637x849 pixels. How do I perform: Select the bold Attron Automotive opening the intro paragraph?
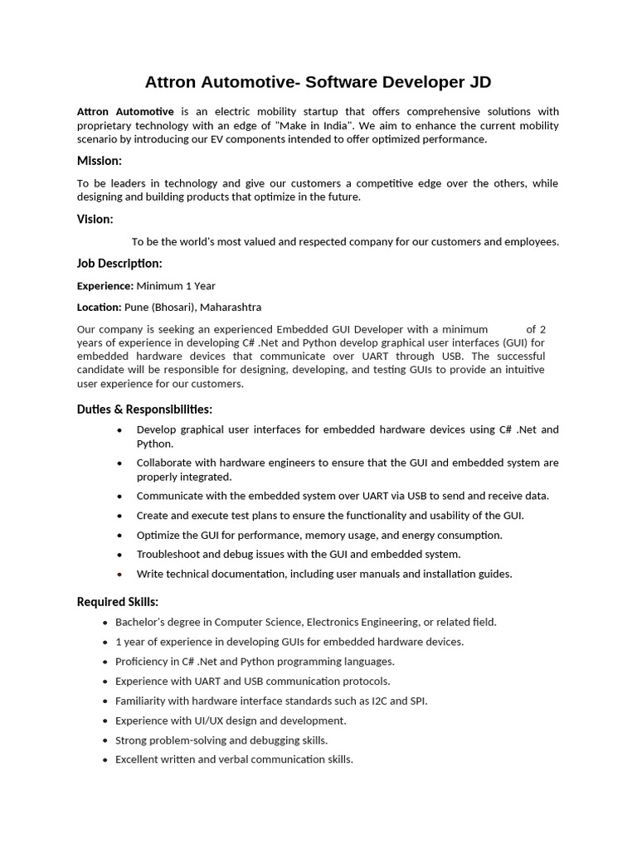125,111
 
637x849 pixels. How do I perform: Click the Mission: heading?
100,160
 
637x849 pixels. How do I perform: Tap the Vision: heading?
95,219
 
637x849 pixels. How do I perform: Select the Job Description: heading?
119,263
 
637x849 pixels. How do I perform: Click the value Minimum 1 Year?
176,286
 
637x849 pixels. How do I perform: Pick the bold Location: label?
99,307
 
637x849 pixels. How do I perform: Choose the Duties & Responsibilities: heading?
144,409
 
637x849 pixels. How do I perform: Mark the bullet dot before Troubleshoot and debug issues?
120,555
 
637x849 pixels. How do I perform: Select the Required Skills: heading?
118,601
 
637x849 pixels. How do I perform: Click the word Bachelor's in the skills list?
142,622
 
